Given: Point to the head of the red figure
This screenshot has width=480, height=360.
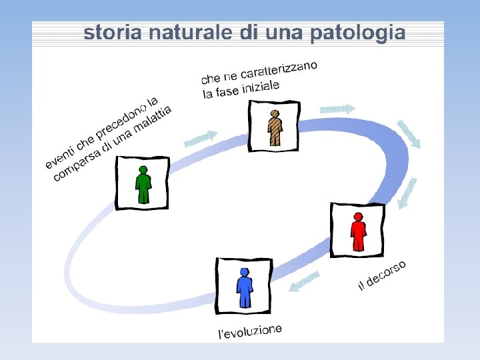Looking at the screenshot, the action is point(358,217).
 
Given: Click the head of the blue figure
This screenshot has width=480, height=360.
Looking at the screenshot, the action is point(245,272).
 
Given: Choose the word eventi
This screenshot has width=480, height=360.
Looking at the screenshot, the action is point(60,155).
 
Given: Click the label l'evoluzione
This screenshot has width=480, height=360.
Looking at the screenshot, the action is point(251,331).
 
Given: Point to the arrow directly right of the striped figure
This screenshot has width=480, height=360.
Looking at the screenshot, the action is point(337,108).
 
